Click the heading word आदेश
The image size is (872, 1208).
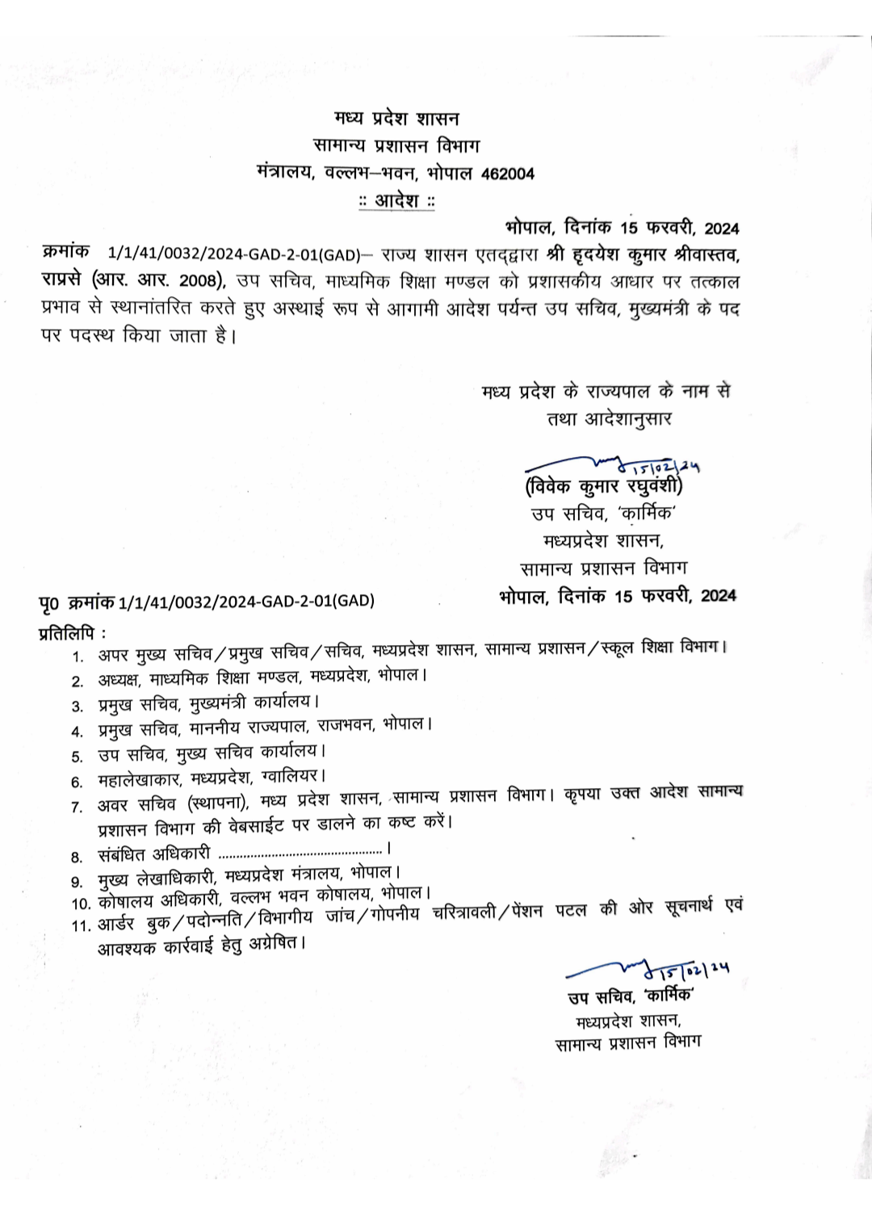click(x=396, y=200)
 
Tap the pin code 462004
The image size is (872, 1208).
click(x=507, y=174)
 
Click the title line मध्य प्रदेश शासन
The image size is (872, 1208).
click(x=396, y=119)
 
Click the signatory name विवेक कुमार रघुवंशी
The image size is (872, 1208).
click(x=604, y=486)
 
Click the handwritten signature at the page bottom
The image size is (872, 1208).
click(x=646, y=967)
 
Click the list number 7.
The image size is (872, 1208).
click(x=78, y=807)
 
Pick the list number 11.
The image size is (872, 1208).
click(x=80, y=925)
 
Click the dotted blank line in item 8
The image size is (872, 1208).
click(x=300, y=851)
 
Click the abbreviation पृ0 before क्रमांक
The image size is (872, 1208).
click(x=50, y=602)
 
